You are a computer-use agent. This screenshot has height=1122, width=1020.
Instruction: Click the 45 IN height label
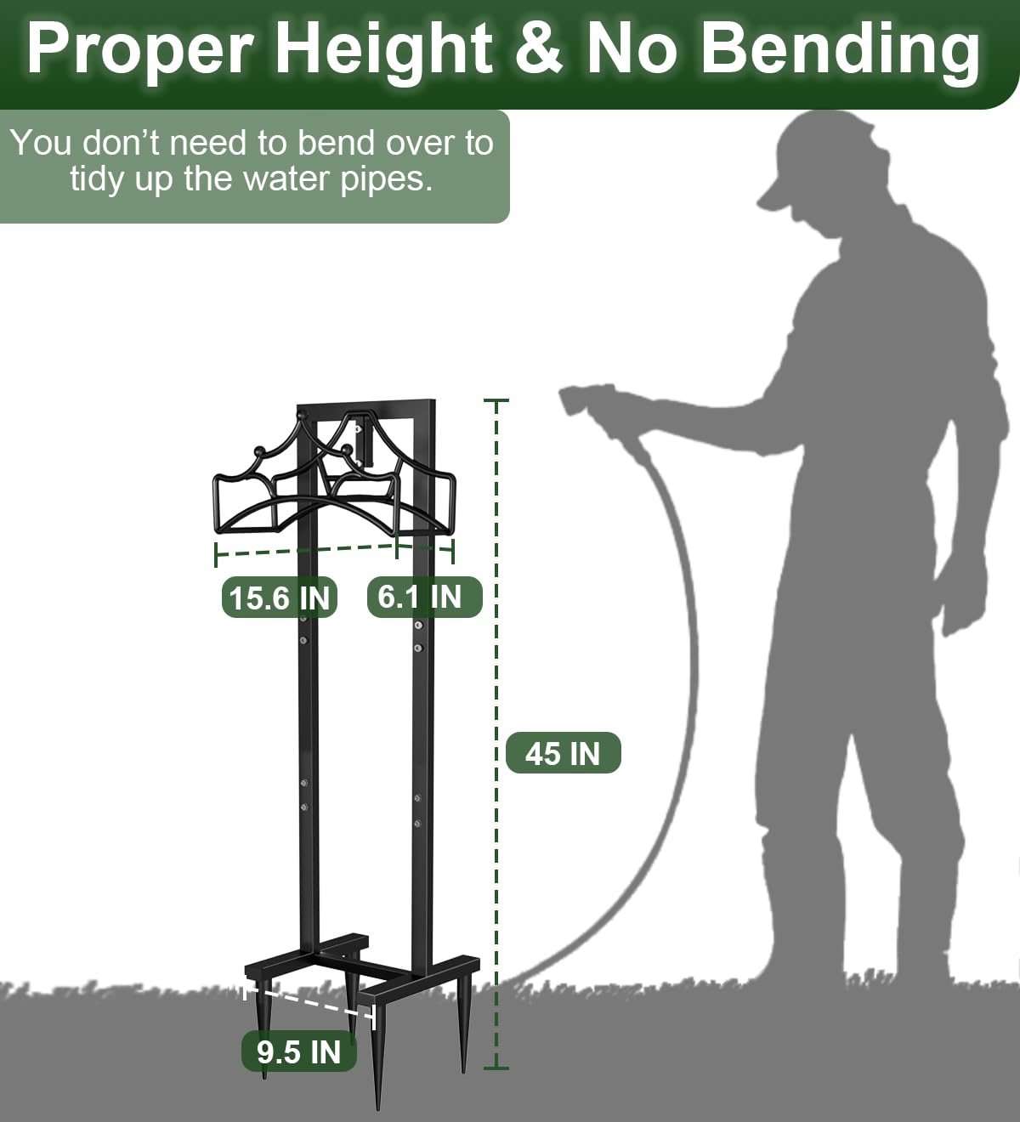tap(563, 753)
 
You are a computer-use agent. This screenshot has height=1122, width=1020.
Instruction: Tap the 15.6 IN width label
tap(279, 598)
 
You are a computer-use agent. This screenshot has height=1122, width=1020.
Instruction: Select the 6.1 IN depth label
tap(424, 597)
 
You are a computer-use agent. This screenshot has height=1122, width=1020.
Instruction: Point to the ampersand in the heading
tap(539, 48)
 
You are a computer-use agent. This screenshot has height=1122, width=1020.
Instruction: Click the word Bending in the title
tap(840, 49)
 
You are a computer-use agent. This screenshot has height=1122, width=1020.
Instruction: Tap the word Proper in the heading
tap(139, 50)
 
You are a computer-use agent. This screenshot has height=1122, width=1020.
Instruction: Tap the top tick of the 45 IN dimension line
tap(496, 401)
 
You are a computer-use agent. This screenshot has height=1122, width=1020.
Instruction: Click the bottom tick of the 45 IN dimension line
tap(496, 1068)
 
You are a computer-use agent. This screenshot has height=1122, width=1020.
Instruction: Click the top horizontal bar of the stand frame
tap(365, 405)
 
